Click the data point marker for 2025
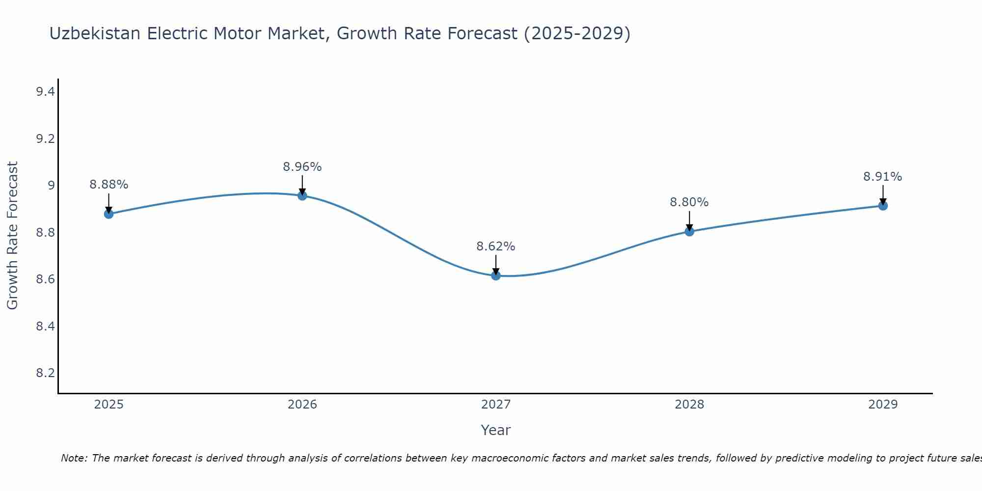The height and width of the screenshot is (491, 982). click(109, 214)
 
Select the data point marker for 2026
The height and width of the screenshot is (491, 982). click(302, 195)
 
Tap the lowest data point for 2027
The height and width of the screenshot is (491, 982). click(496, 275)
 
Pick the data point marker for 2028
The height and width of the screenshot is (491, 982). click(689, 231)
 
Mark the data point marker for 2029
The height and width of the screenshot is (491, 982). click(883, 206)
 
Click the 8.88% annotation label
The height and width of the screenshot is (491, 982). click(109, 185)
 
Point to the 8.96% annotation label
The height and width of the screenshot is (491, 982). click(302, 167)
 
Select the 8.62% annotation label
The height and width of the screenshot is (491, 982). click(496, 246)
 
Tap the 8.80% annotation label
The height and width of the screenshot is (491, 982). click(689, 202)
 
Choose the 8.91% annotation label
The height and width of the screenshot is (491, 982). click(883, 177)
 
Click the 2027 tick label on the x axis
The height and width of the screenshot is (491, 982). click(496, 405)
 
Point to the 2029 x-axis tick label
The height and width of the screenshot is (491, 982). click(883, 405)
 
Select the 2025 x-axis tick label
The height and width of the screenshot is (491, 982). click(109, 405)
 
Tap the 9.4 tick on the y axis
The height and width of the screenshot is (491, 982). click(45, 92)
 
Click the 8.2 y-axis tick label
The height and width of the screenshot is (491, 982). click(45, 373)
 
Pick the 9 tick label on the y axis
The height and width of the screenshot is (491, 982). click(51, 186)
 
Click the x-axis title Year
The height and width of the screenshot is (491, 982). click(496, 430)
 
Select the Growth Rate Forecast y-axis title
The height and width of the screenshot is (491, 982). click(12, 236)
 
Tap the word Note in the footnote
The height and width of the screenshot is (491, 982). click(74, 458)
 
